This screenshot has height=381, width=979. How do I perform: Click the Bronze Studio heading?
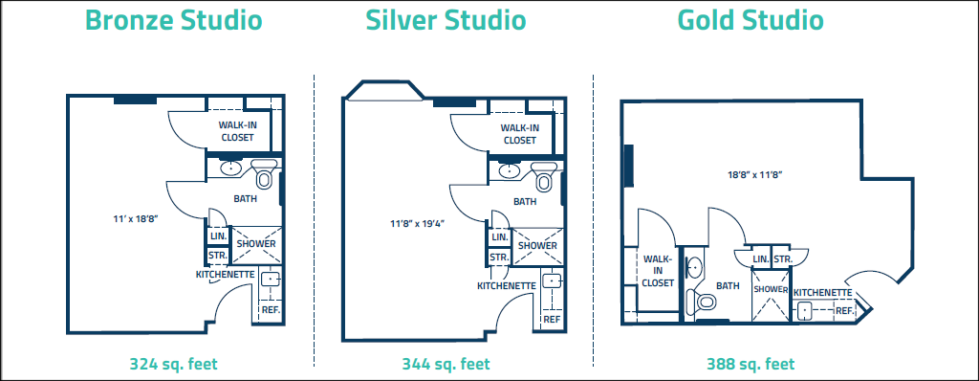(x=174, y=20)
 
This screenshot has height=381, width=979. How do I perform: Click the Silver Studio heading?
(x=446, y=20)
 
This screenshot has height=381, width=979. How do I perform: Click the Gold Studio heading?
(x=751, y=20)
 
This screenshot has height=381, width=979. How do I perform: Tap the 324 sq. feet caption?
(x=174, y=364)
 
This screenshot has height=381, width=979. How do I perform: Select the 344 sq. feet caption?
(x=446, y=364)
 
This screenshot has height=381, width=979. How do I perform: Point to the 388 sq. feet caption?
(x=751, y=364)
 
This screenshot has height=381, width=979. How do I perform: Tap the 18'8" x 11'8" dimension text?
(x=754, y=174)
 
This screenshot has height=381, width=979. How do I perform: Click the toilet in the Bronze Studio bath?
(x=264, y=174)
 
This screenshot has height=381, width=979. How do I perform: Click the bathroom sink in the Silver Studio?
(x=511, y=170)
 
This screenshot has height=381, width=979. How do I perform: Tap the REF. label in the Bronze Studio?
(x=271, y=309)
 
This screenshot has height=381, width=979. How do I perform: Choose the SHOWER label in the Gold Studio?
(x=771, y=290)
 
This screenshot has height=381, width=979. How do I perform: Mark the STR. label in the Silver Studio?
(x=499, y=258)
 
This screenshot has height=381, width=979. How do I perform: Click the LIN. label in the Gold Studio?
(x=760, y=259)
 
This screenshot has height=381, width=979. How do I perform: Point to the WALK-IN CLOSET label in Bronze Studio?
(x=237, y=131)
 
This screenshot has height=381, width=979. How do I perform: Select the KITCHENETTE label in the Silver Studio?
(x=507, y=286)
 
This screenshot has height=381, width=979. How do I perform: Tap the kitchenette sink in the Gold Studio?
(x=805, y=309)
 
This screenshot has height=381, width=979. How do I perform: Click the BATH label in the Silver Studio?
(x=525, y=201)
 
